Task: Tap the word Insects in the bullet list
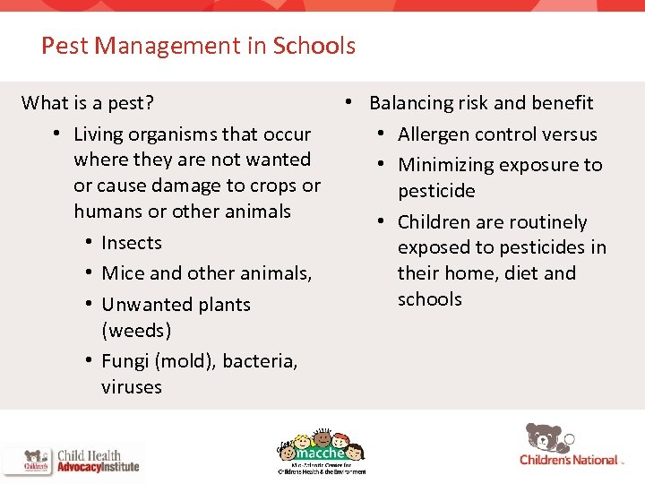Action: pyautogui.click(x=132, y=243)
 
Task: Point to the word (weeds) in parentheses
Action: pyautogui.click(x=136, y=331)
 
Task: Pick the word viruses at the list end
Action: pyautogui.click(x=132, y=387)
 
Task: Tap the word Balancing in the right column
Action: pyautogui.click(x=414, y=103)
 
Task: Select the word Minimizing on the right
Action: pyautogui.click(x=446, y=165)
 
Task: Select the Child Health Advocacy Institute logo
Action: pyautogui.click(x=72, y=461)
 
